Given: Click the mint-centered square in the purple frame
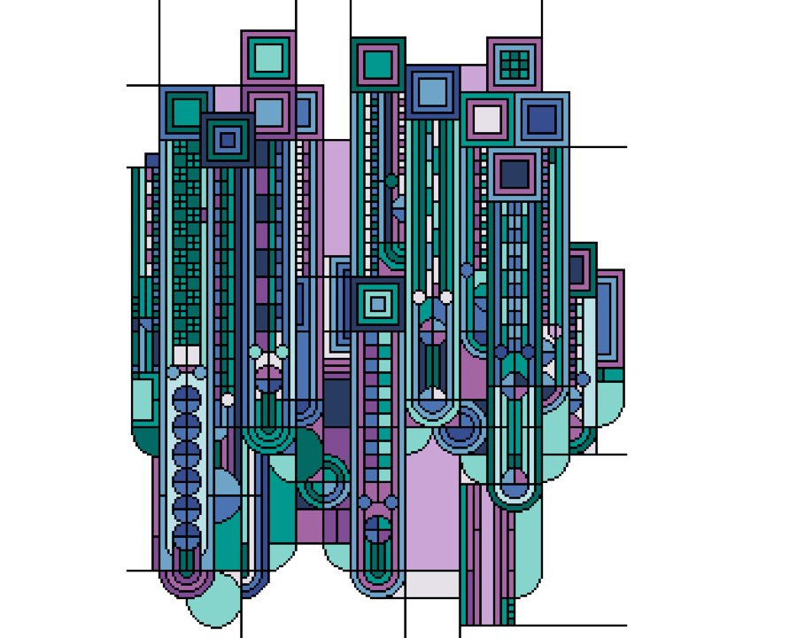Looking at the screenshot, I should (x=268, y=58).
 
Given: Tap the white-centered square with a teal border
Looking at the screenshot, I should (x=487, y=119).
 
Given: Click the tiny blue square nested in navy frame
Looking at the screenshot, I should (x=228, y=139).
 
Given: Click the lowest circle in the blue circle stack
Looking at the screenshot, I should (x=187, y=536).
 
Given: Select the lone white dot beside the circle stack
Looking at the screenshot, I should (x=228, y=400).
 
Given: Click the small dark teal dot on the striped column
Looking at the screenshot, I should (x=391, y=181).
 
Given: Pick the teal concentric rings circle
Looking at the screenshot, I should (x=323, y=481).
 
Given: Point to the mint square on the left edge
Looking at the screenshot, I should (x=142, y=399).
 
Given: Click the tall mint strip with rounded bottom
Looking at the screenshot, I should (x=528, y=532).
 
